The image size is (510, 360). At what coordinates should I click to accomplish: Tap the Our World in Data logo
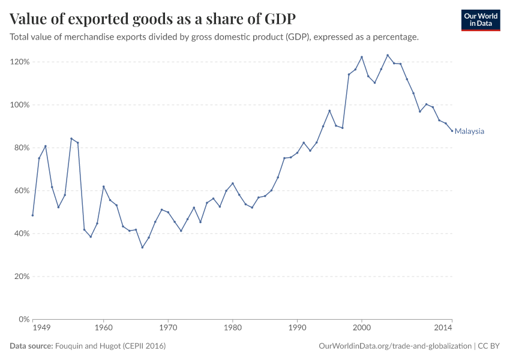pyautogui.click(x=480, y=20)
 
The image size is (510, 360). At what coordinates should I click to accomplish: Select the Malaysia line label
pyautogui.click(x=469, y=131)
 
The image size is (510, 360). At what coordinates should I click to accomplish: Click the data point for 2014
pyautogui.click(x=452, y=131)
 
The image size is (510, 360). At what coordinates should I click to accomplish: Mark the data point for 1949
pyautogui.click(x=32, y=215)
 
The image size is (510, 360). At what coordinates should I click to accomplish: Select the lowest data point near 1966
pyautogui.click(x=142, y=247)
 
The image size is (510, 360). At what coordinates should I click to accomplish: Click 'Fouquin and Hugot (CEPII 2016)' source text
pyautogui.click(x=110, y=346)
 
